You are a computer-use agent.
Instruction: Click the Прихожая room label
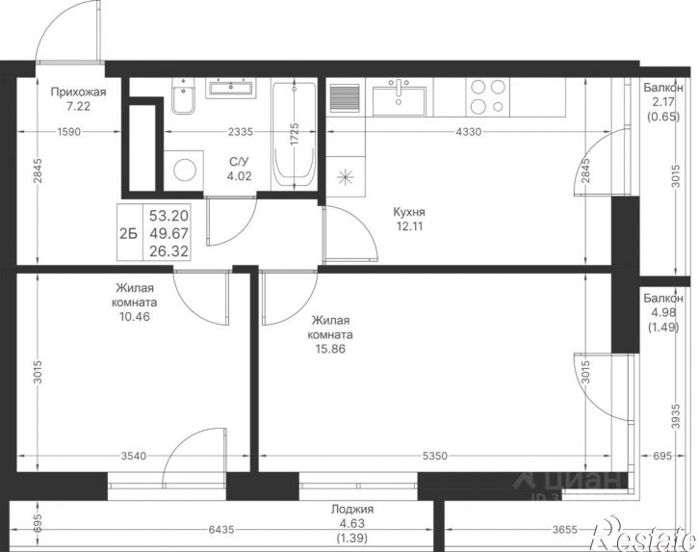click(78, 92)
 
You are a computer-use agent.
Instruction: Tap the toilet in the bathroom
click(183, 96)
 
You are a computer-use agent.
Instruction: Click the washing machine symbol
click(184, 171)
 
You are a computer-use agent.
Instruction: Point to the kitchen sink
click(399, 97)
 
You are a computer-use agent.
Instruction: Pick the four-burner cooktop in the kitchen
click(488, 97)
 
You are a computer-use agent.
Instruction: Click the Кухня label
click(409, 211)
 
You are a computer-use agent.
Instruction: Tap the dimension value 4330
click(469, 132)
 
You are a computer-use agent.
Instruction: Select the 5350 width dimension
click(435, 456)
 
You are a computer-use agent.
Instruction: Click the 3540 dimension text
click(134, 456)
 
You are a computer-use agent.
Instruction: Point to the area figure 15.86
click(330, 349)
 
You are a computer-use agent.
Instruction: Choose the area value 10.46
click(134, 317)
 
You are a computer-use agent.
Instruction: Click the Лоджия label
click(352, 510)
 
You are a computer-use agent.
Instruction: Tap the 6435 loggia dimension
click(221, 530)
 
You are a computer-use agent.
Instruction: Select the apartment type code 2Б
click(129, 233)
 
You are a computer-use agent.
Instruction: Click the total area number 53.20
click(168, 216)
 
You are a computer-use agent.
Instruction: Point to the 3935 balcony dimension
click(677, 416)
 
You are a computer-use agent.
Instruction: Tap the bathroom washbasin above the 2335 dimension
click(231, 88)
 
